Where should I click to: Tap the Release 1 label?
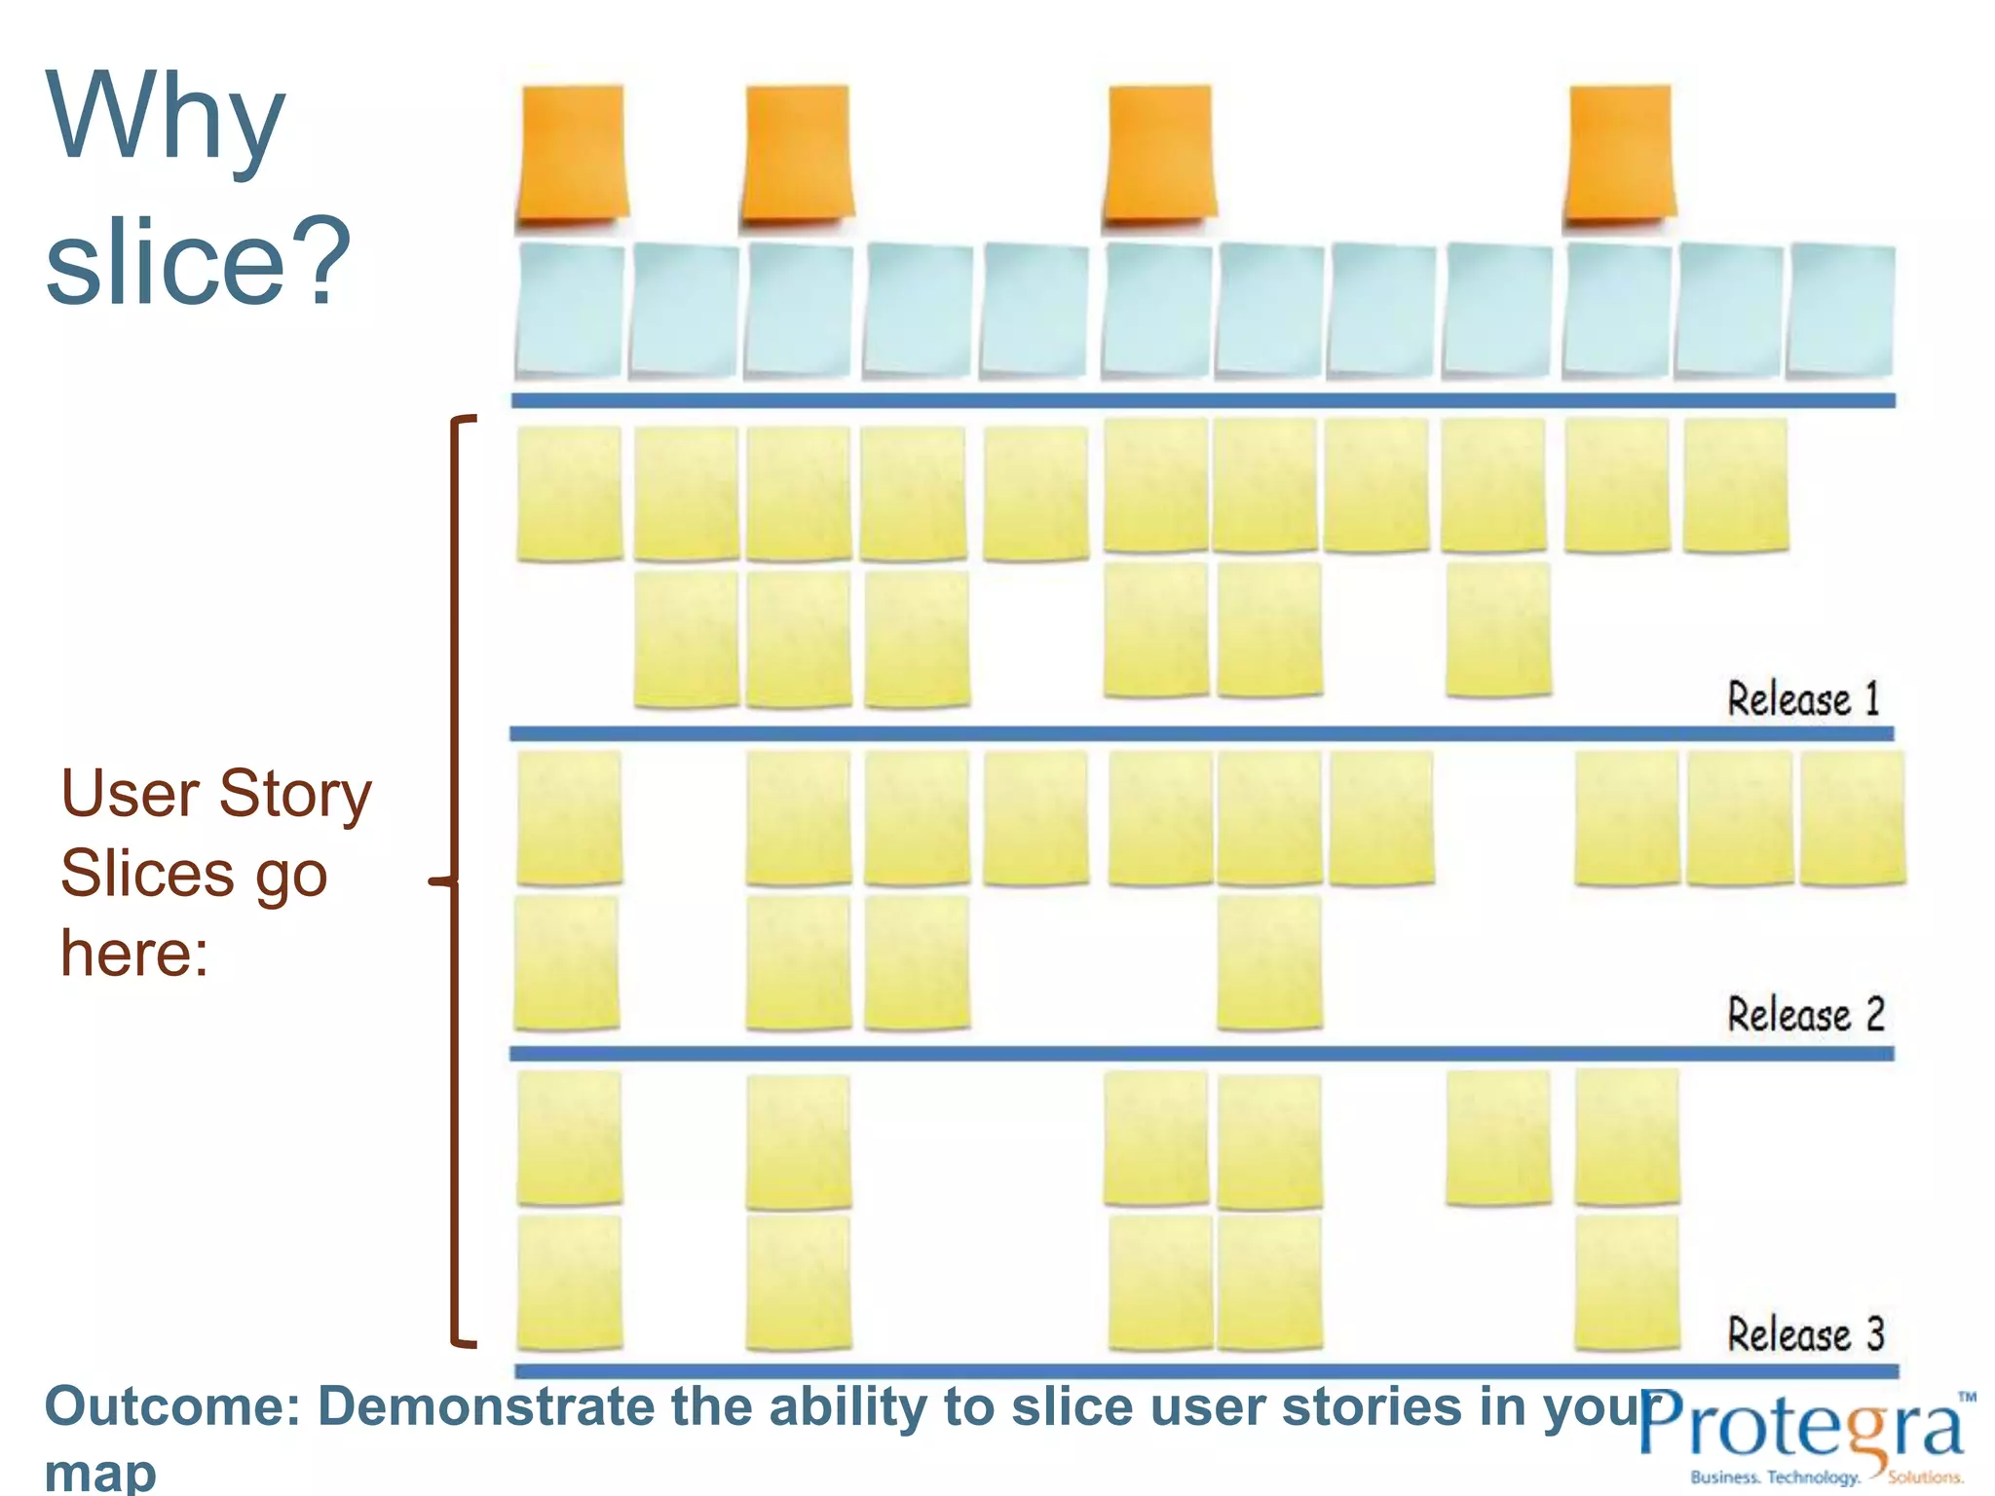pos(1803,699)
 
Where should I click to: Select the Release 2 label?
pos(1805,1015)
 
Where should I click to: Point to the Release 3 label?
pos(1805,1334)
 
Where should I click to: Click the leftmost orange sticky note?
pos(572,154)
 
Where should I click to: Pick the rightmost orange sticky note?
pos(1620,154)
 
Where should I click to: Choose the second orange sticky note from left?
pos(798,154)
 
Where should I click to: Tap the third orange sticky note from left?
pos(1159,154)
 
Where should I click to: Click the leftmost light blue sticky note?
pos(571,310)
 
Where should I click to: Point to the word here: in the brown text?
pos(134,953)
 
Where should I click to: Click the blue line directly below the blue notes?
pos(1203,400)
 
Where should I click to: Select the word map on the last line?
pos(100,1473)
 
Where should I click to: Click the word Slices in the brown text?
pos(147,873)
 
